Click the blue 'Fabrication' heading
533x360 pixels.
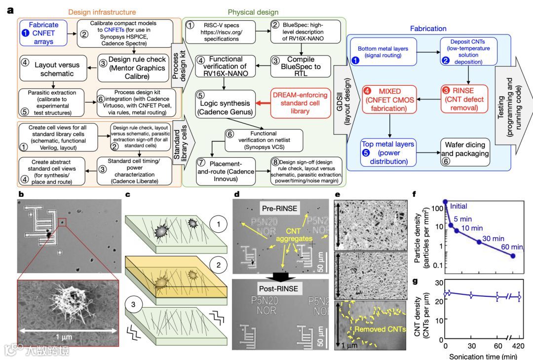[427, 29]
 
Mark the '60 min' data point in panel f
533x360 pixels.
[513, 256]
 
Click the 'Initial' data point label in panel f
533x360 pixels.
[458, 207]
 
